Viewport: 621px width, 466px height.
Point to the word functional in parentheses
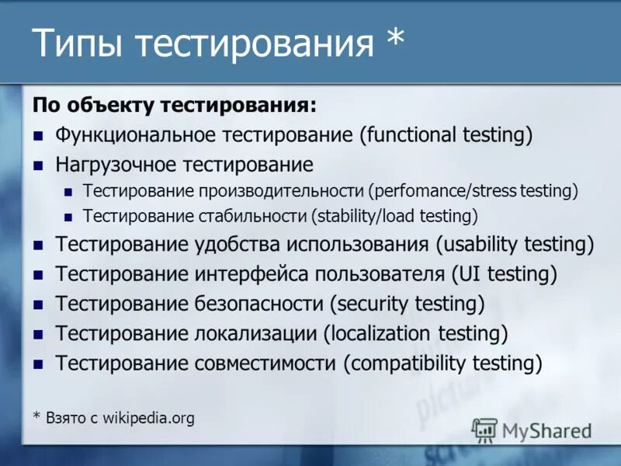point(411,135)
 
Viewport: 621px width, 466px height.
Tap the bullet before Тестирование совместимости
point(37,363)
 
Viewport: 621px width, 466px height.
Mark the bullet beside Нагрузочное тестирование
point(37,165)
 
